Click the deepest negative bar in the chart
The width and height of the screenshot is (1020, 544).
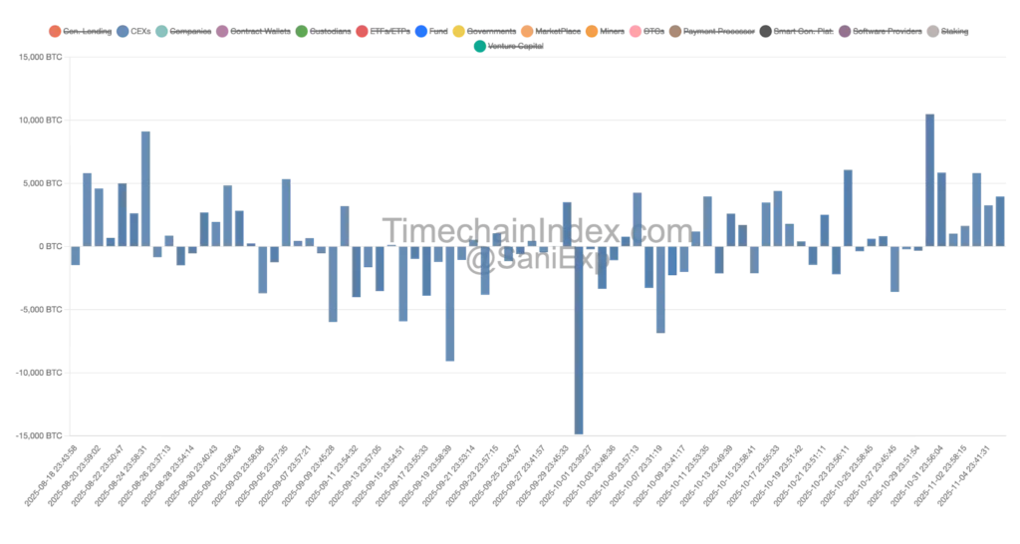580,339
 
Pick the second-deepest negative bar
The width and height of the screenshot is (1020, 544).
450,303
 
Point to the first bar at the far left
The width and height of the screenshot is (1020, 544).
75,255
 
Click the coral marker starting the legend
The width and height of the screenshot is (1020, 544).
55,32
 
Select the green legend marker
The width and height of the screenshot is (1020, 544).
302,32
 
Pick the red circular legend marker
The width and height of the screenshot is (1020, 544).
363,32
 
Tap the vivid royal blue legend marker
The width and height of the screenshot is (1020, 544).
421,32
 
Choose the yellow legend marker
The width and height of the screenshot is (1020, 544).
458,32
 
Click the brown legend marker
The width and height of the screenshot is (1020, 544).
676,32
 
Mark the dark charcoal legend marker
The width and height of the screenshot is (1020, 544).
764,32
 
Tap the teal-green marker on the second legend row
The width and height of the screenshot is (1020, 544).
480,47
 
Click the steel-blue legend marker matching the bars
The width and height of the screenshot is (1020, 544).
124,32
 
